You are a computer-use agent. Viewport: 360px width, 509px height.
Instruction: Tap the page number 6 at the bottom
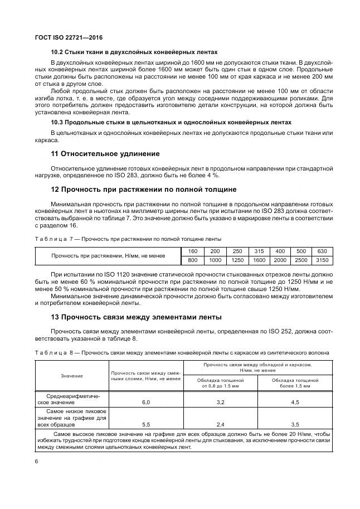pos(36,462)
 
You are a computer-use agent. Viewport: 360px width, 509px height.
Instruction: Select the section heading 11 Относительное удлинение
pos(105,153)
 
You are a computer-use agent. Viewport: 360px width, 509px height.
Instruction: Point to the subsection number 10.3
pos(57,122)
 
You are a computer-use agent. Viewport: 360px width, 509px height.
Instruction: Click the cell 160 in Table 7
pos(193,251)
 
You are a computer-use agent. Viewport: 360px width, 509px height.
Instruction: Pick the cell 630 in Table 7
pos(322,251)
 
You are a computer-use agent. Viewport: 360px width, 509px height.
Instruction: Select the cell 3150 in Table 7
pos(322,260)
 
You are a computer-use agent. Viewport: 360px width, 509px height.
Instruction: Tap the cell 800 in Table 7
pos(193,260)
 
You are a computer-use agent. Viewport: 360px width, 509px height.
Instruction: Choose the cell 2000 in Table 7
pos(279,260)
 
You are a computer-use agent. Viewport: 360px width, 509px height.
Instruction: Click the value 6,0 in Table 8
pos(146,401)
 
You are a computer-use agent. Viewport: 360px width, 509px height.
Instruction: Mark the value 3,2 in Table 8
pos(220,401)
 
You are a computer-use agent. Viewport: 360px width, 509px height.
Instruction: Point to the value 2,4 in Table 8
pos(220,424)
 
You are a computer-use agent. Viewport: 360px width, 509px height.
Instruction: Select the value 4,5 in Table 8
pos(295,401)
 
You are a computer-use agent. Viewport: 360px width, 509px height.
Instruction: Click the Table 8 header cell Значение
pos(72,376)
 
